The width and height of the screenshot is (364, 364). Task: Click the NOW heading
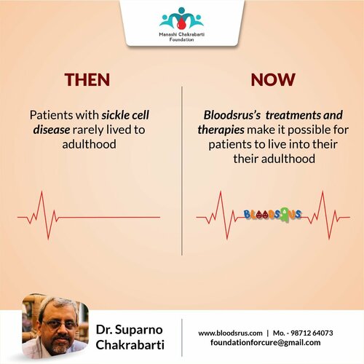272,79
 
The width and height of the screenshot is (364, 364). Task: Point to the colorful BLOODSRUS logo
272,215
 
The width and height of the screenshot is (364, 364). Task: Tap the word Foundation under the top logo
181,39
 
